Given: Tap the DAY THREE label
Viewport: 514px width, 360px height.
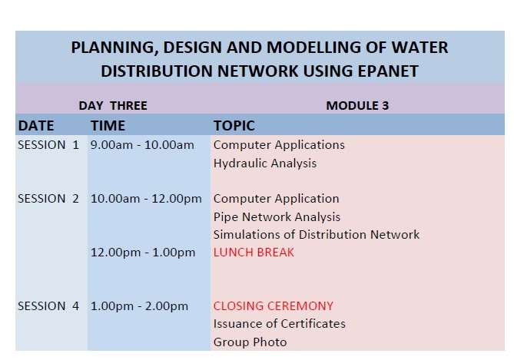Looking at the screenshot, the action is (113, 105).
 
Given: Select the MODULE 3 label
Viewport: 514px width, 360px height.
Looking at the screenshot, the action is (357, 105).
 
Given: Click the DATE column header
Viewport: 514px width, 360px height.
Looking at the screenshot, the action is (36, 125).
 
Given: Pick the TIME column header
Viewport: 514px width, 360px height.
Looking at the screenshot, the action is (108, 125).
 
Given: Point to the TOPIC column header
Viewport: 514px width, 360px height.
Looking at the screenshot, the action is (234, 125).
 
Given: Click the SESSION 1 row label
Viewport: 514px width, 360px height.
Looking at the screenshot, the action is (48, 145).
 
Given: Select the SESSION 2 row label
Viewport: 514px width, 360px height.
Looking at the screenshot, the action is (48, 199).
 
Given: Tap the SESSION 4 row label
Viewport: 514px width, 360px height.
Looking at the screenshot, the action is (48, 306).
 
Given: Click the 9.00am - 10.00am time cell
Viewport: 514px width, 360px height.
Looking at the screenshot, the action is (142, 145).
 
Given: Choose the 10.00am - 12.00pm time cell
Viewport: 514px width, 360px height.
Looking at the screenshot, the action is (146, 199).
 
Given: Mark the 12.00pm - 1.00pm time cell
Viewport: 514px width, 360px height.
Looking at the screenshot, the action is (143, 253).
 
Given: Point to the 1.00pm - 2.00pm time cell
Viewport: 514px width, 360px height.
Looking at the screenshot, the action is (139, 306).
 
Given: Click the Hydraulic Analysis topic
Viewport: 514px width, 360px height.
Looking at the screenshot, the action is (265, 163).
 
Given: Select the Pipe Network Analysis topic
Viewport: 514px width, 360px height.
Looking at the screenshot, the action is (277, 217).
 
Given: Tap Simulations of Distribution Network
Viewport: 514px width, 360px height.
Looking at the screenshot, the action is (317, 235).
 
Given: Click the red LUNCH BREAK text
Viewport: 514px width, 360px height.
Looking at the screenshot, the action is (254, 253).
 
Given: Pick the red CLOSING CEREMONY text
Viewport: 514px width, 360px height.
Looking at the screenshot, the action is (274, 306).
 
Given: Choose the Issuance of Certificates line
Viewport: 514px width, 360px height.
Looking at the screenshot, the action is (280, 324).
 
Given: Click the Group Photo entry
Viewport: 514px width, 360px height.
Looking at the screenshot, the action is (250, 342).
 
